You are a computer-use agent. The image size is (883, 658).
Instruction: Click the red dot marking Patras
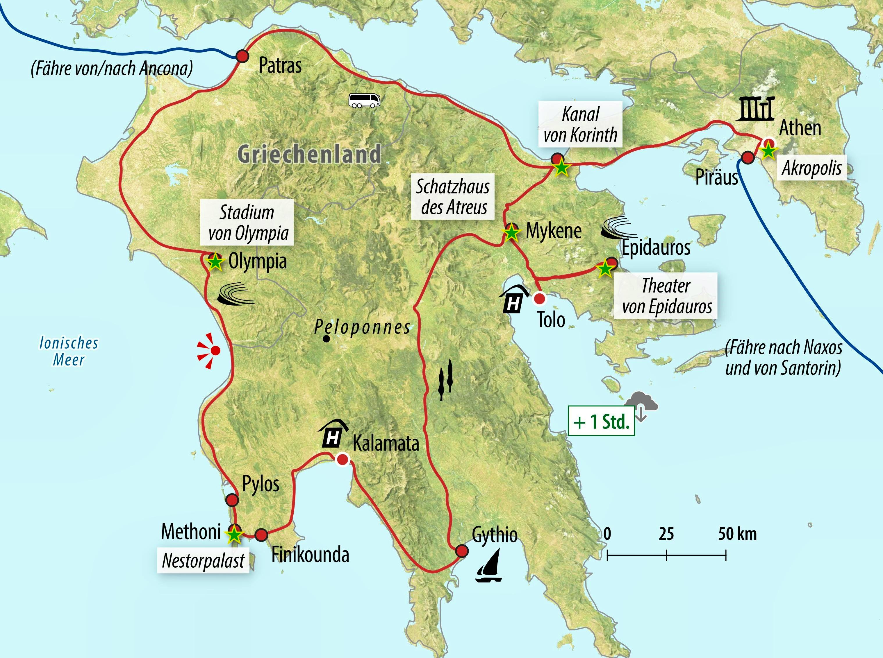(242, 56)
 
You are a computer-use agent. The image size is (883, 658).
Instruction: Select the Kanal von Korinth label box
(580, 125)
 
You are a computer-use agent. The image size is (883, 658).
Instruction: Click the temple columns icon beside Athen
(755, 109)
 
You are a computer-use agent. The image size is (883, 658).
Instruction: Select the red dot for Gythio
(462, 551)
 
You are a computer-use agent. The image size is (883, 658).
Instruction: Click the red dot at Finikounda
(261, 535)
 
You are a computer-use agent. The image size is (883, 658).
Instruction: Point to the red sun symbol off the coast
(211, 350)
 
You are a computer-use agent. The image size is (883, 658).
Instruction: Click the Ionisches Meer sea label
(69, 351)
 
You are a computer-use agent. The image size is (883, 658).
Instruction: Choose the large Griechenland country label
(309, 154)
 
